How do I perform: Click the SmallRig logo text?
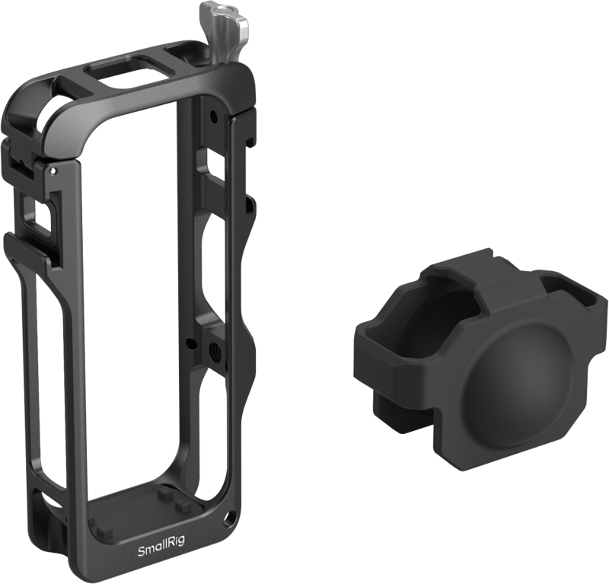[161, 540]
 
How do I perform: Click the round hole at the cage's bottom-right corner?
[226, 517]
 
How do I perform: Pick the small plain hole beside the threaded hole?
[189, 343]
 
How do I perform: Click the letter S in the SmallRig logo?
[141, 540]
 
